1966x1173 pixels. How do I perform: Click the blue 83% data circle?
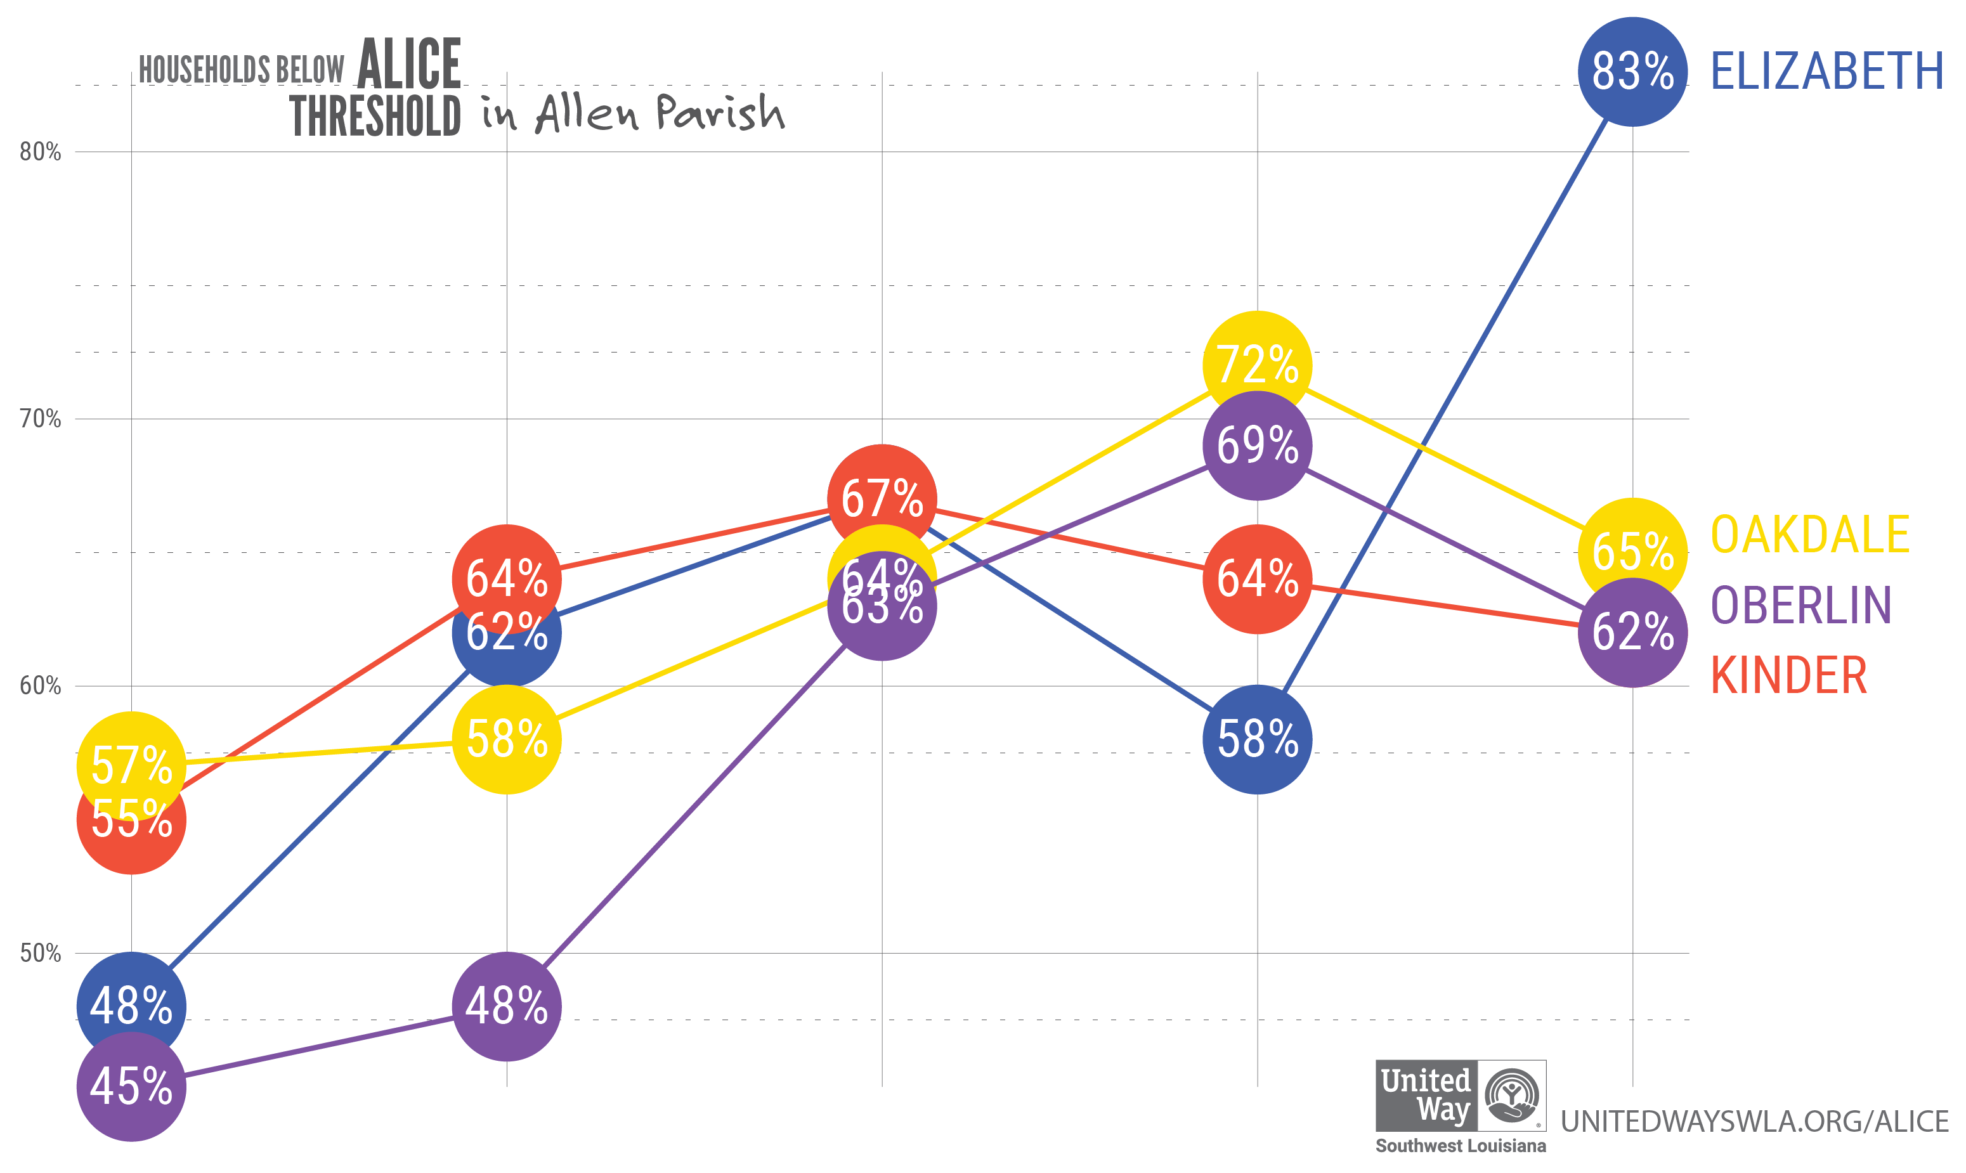[1632, 71]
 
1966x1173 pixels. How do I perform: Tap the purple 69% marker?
[1257, 446]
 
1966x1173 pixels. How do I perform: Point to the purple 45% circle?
[131, 1086]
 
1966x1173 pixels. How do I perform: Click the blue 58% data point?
[1257, 739]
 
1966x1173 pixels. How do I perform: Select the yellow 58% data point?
[507, 739]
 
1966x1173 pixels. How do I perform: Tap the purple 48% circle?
[507, 1006]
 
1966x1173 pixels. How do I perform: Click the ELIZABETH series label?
[1826, 71]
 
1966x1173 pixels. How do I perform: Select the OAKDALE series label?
[1809, 535]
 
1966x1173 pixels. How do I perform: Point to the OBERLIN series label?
[1800, 606]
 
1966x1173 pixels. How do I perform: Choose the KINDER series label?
[1788, 676]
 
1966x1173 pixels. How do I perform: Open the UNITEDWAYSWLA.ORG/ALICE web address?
[1754, 1121]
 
